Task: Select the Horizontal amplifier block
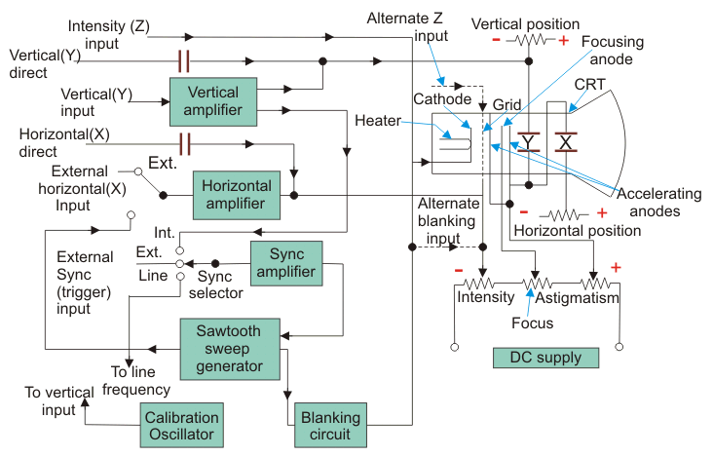click(236, 194)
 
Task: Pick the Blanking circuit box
click(331, 426)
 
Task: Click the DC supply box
click(545, 358)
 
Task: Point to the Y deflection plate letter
click(529, 142)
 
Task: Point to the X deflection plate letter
click(564, 142)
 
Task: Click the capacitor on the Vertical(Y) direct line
click(183, 61)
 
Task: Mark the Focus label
click(533, 323)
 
